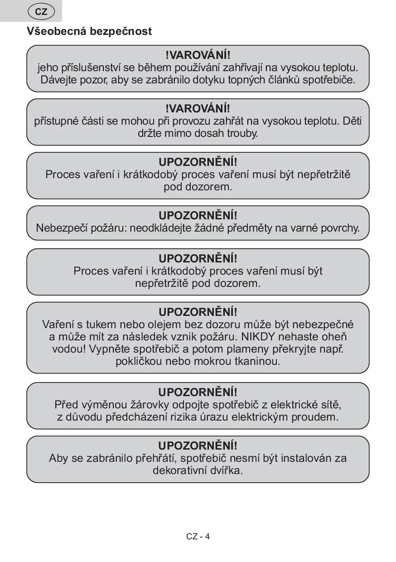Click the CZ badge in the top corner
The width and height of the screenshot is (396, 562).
[41, 12]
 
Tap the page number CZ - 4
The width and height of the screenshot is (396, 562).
[198, 537]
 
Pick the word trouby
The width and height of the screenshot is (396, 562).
[242, 133]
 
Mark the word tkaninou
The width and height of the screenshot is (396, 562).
[260, 361]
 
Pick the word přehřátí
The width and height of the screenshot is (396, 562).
[158, 458]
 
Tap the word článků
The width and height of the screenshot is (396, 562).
[284, 80]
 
